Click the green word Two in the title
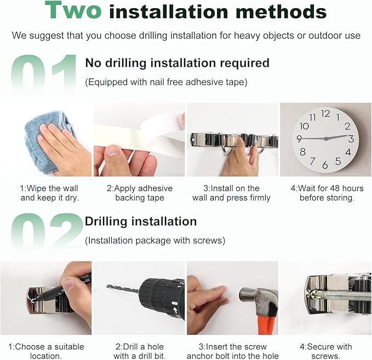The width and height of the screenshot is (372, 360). [x=73, y=10]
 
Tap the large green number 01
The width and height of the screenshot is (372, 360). [x=44, y=73]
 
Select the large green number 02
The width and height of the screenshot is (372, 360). [x=47, y=230]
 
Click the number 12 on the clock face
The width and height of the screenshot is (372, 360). [x=325, y=113]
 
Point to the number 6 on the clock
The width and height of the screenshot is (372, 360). [x=325, y=165]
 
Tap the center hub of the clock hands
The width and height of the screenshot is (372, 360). [x=326, y=138]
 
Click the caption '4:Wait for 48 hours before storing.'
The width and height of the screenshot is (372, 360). [x=327, y=193]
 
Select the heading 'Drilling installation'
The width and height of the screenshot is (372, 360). [x=141, y=221]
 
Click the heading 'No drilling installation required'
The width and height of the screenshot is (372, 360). [x=177, y=63]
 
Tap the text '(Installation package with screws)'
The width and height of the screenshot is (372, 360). [x=155, y=241]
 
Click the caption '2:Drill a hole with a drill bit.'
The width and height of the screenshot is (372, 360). [x=140, y=351]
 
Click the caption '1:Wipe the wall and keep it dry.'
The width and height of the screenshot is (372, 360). [x=49, y=193]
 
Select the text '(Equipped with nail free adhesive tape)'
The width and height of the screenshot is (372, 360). [x=166, y=82]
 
